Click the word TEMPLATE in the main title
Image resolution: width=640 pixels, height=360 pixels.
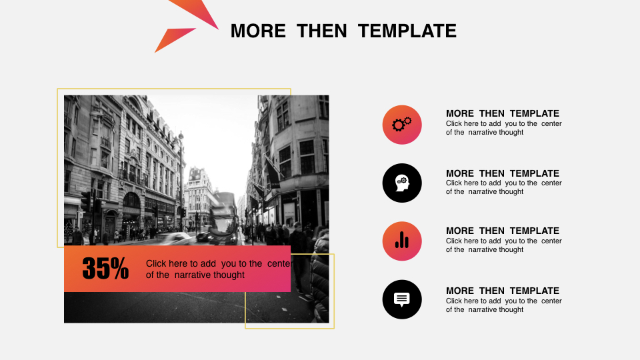click(x=407, y=31)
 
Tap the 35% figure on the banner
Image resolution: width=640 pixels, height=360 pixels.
click(x=105, y=268)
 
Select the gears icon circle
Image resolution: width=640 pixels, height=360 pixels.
click(x=402, y=125)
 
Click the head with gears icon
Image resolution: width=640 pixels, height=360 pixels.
click(x=402, y=183)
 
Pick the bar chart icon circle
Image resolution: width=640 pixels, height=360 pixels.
click(x=402, y=241)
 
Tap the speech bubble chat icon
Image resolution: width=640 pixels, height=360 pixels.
click(x=402, y=299)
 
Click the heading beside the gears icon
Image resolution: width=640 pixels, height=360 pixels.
click(x=503, y=113)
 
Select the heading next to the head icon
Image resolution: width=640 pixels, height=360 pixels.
click(x=503, y=173)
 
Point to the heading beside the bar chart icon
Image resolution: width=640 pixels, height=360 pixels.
click(x=503, y=231)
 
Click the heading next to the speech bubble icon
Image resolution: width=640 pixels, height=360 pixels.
click(x=503, y=291)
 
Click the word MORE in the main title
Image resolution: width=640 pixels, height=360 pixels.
click(x=258, y=31)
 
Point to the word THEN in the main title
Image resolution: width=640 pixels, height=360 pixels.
click(x=321, y=31)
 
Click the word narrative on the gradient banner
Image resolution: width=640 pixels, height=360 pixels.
click(x=209, y=275)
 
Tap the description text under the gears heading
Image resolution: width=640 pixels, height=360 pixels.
click(x=504, y=128)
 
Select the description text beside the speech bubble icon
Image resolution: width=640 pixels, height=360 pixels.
click(x=504, y=305)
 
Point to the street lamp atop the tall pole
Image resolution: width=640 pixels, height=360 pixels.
click(x=181, y=136)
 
